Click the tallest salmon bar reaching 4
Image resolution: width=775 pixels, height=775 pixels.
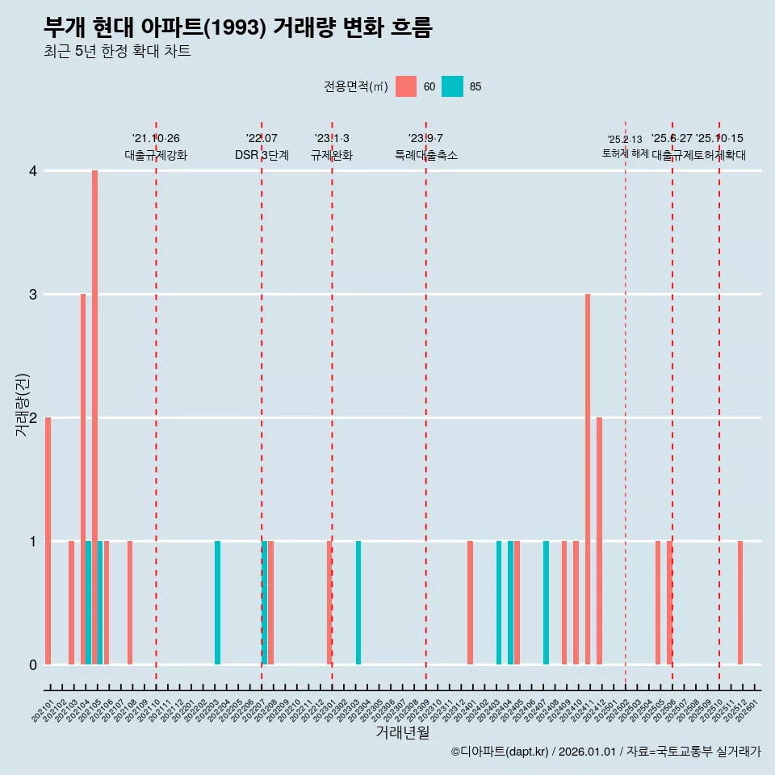click(94, 417)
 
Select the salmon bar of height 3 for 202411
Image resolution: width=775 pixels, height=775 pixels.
click(588, 479)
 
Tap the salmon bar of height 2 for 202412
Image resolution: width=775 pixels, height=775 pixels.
click(599, 541)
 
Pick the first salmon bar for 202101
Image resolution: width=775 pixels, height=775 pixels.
click(48, 541)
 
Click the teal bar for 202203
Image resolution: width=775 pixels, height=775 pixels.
click(217, 602)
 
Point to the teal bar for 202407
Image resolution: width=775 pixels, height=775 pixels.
click(546, 602)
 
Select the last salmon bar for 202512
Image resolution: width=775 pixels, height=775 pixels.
click(740, 602)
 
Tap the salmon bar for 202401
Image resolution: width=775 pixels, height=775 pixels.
click(470, 602)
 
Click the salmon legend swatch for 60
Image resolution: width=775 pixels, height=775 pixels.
click(406, 86)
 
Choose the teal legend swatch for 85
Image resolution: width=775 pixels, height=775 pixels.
click(453, 86)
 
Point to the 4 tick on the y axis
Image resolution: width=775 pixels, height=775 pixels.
click(33, 171)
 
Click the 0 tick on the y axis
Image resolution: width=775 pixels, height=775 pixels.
click(33, 664)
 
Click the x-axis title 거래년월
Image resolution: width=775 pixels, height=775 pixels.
click(402, 733)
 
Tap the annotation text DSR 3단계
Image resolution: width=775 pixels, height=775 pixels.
click(262, 155)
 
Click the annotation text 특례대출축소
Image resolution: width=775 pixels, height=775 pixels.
click(425, 155)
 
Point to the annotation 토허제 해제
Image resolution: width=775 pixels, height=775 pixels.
click(625, 153)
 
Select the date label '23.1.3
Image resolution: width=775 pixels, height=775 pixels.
click(332, 139)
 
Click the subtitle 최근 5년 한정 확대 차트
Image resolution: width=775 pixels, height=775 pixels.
click(117, 52)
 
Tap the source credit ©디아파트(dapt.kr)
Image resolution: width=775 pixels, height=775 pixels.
click(499, 752)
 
